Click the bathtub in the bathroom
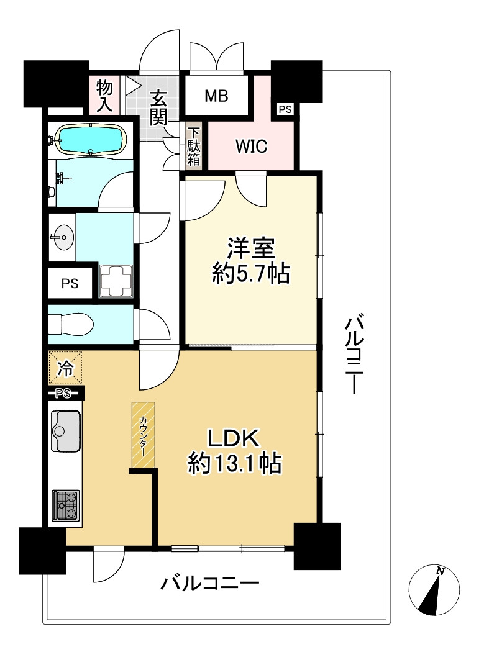[x=91, y=139]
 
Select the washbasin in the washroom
[x=62, y=237]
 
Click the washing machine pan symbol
[x=116, y=281]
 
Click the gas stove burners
[x=66, y=505]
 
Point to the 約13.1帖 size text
[x=235, y=464]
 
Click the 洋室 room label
[x=250, y=249]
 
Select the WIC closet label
[x=251, y=147]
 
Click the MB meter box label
[x=216, y=96]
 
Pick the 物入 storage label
[x=104, y=95]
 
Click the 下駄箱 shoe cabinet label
[x=194, y=147]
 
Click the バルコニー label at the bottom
[x=210, y=584]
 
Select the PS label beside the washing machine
[x=70, y=283]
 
